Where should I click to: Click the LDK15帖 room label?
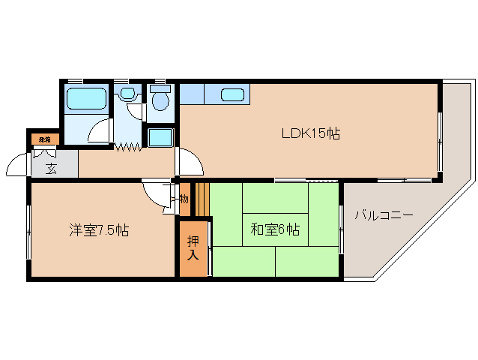tap(311, 134)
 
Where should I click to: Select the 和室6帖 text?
tap(275, 229)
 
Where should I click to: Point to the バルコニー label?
tap(384, 215)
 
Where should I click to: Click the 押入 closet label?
tap(193, 248)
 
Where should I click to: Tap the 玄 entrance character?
tap(51, 168)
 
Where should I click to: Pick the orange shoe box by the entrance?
tap(44, 139)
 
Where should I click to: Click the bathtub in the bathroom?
tap(88, 97)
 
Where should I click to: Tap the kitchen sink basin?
tap(232, 94)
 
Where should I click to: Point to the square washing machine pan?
tap(160, 138)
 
